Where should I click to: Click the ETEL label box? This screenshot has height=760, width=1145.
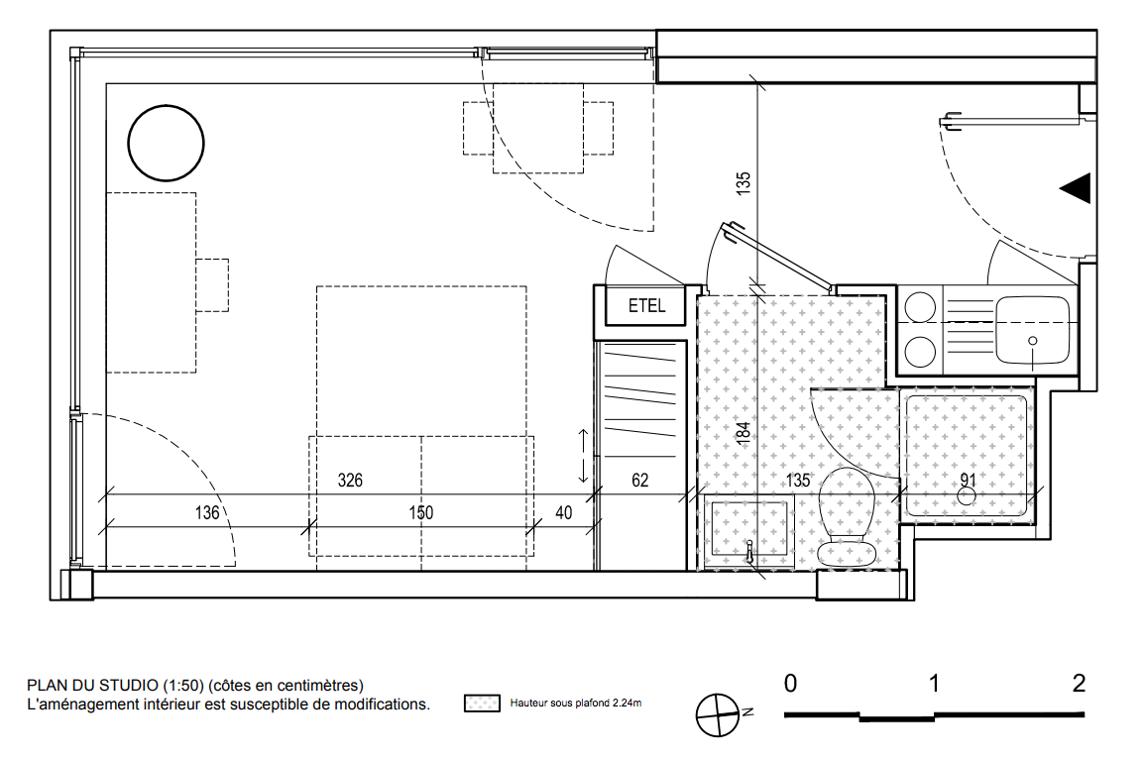tap(646, 305)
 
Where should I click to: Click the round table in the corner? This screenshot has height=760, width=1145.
tap(166, 143)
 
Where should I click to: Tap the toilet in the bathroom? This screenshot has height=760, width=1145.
tap(847, 517)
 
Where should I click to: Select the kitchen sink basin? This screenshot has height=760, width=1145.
tap(1033, 331)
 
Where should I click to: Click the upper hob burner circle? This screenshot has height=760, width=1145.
tap(920, 307)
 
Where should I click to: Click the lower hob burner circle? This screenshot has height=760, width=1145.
tap(920, 352)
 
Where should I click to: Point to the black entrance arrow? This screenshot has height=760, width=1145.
tap(1075, 187)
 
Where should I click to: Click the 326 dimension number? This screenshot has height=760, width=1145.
tap(351, 480)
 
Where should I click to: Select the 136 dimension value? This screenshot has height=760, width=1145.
tap(207, 512)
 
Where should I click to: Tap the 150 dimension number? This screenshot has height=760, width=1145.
tap(421, 512)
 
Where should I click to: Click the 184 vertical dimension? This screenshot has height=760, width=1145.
tap(744, 433)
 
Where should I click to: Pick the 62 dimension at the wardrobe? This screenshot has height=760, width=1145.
tap(640, 480)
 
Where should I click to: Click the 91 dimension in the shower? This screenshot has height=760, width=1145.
tap(969, 480)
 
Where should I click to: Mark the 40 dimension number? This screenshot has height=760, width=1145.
tap(564, 512)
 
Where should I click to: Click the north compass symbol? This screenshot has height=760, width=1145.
tap(719, 714)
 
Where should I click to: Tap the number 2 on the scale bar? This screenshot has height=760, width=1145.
tap(1080, 684)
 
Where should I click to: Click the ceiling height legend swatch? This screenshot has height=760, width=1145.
tap(482, 704)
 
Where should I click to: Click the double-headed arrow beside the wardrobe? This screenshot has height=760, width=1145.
tap(583, 456)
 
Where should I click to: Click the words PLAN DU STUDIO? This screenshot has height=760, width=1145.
tap(93, 686)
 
